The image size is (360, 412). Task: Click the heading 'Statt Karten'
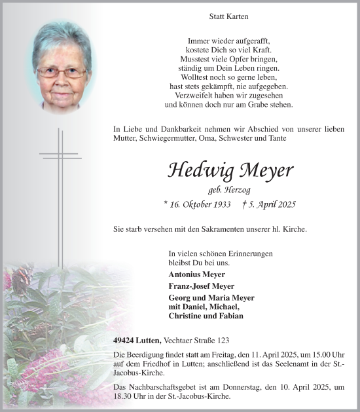(x=228, y=16)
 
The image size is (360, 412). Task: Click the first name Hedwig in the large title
(x=197, y=170)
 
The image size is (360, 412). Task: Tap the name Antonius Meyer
(x=196, y=274)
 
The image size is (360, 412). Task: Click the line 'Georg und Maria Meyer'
(x=211, y=297)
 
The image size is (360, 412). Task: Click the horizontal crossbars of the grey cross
(x=60, y=155)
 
